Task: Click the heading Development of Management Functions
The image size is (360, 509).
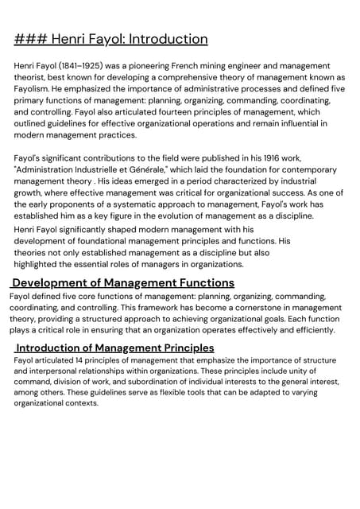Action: click(123, 283)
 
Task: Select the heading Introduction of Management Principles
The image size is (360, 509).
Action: click(114, 348)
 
